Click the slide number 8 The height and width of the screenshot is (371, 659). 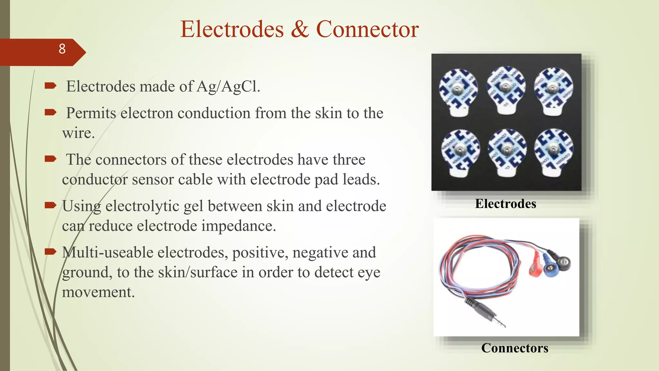click(62, 49)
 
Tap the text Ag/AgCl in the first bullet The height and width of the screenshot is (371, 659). click(228, 87)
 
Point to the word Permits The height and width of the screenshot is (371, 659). click(91, 113)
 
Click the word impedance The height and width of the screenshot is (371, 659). click(238, 226)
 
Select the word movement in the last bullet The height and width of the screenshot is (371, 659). click(98, 292)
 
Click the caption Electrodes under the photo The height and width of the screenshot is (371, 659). click(506, 204)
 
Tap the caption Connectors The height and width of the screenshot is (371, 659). click(515, 348)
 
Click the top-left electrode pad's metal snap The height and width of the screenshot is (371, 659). click(457, 90)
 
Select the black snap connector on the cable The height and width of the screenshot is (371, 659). click(564, 262)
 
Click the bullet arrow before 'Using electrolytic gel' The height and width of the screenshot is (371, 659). click(51, 205)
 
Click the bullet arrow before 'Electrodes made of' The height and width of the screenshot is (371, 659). click(51, 86)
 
